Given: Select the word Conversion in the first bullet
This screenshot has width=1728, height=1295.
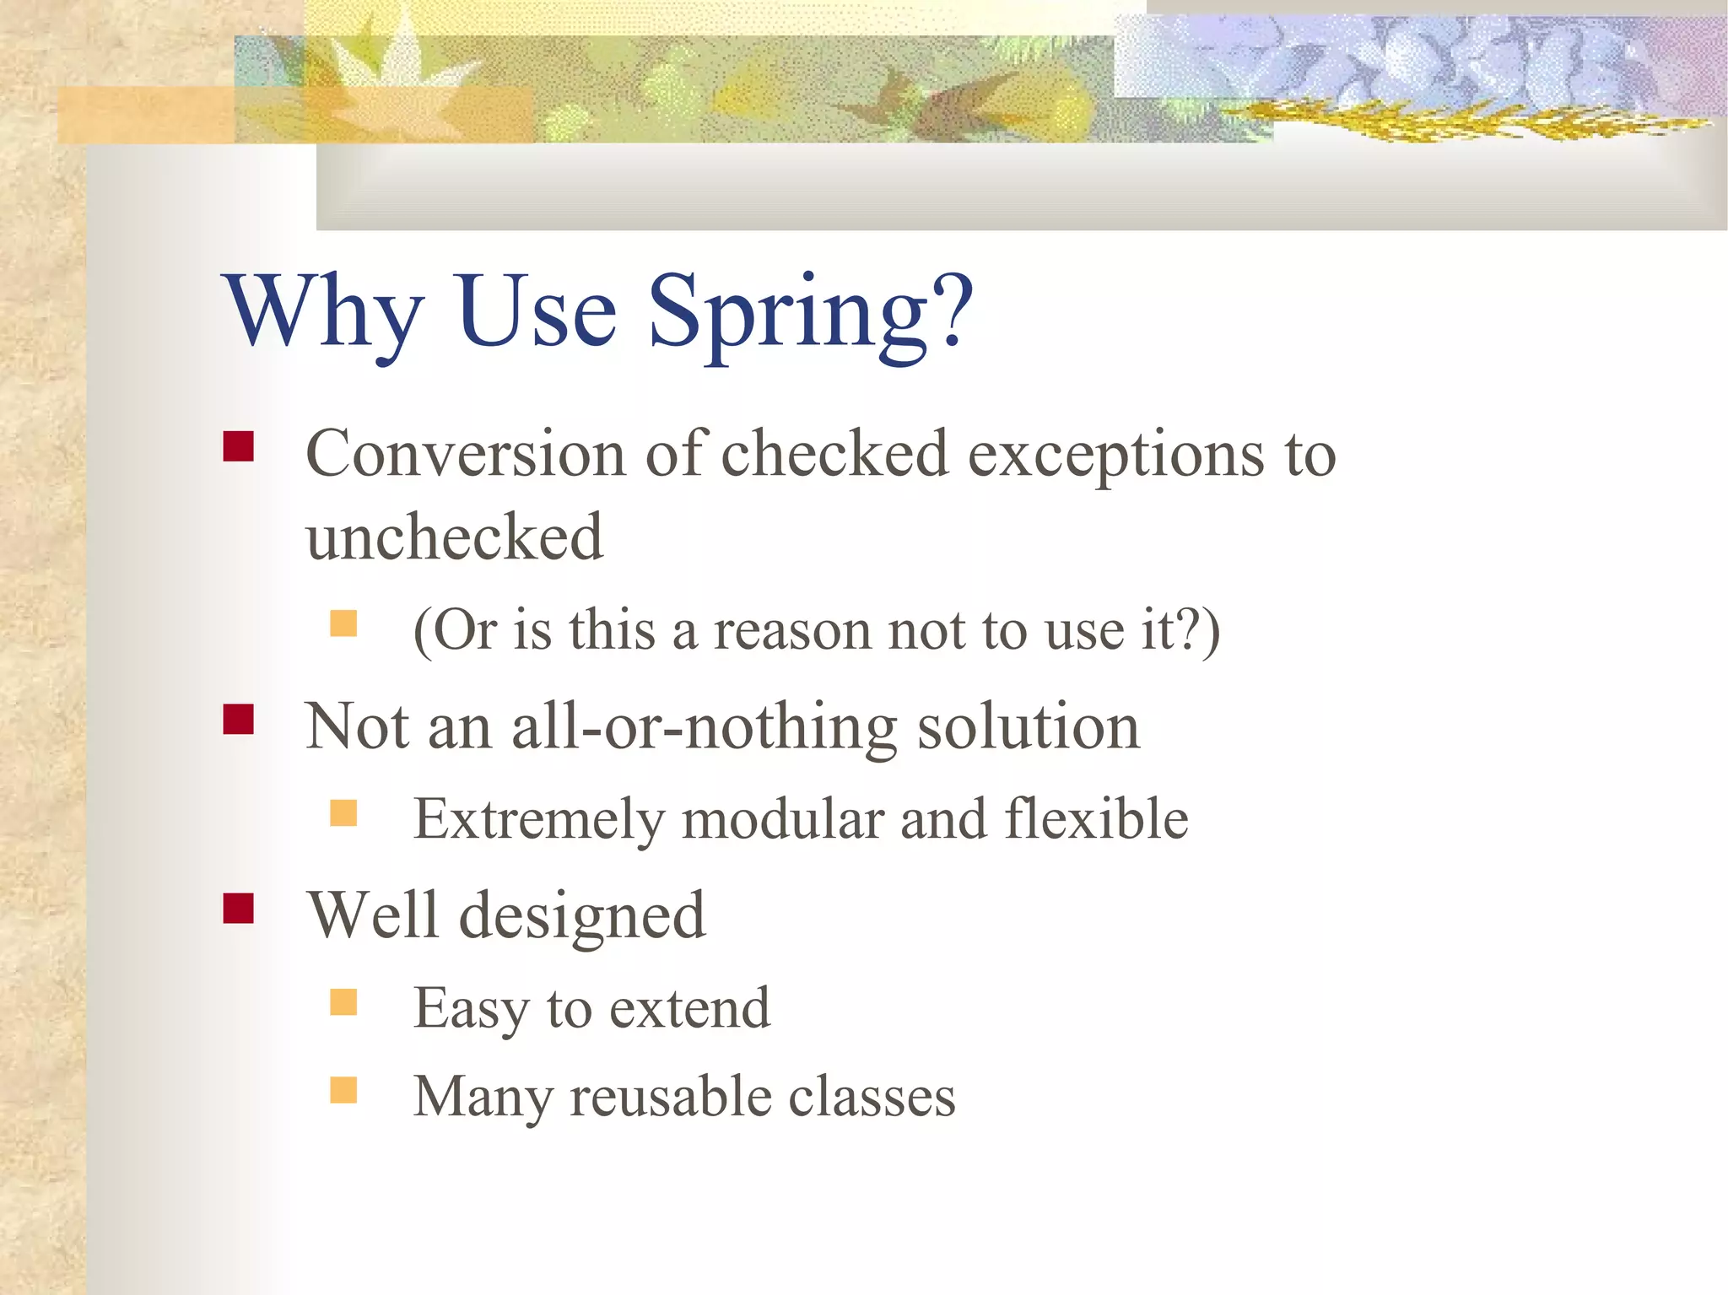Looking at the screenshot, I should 465,456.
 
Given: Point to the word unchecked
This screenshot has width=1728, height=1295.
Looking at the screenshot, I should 455,537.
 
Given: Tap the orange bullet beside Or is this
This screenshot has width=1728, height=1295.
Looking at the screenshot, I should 343,623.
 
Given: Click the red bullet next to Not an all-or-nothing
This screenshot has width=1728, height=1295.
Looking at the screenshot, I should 239,719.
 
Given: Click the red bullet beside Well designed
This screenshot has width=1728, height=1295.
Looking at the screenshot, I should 239,909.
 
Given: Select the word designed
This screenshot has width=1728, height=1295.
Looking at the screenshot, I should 581,918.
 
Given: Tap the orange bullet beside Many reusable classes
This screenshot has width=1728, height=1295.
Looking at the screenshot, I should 343,1090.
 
